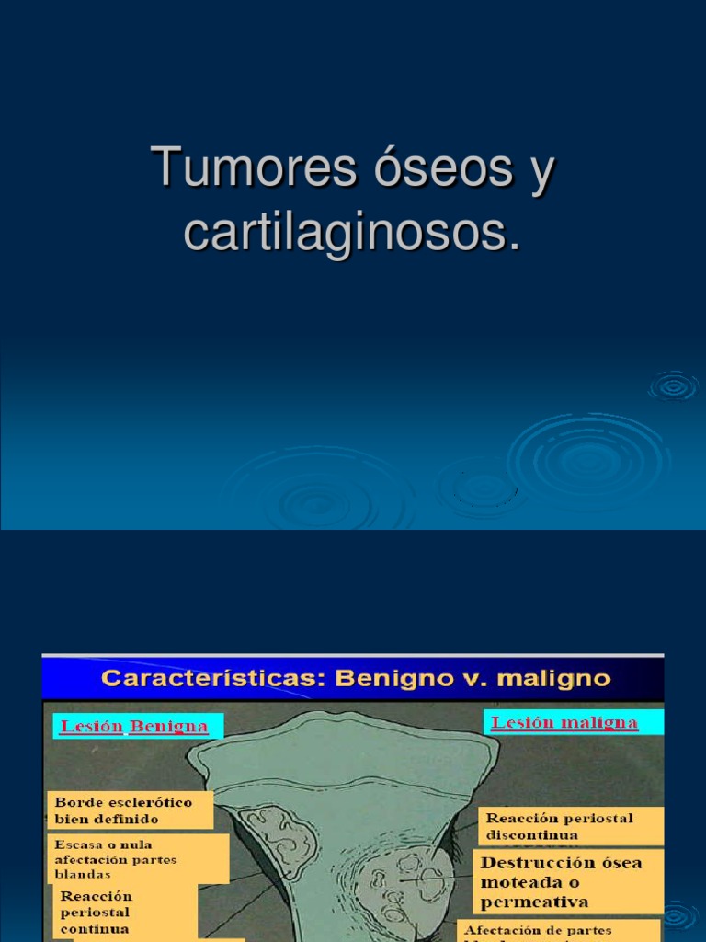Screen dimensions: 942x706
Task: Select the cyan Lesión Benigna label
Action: click(x=134, y=727)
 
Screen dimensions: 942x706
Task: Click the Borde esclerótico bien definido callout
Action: click(x=130, y=810)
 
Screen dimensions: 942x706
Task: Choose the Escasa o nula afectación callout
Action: click(x=138, y=858)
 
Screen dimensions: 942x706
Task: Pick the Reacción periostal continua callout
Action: click(x=121, y=913)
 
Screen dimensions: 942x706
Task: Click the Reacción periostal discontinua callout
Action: click(x=570, y=826)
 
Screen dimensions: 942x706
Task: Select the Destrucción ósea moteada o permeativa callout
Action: click(x=568, y=881)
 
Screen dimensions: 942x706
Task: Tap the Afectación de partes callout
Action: click(x=558, y=930)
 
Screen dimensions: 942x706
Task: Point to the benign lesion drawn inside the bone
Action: click(x=279, y=837)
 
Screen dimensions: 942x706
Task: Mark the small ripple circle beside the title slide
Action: click(x=674, y=386)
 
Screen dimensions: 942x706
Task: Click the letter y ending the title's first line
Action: click(x=542, y=170)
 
